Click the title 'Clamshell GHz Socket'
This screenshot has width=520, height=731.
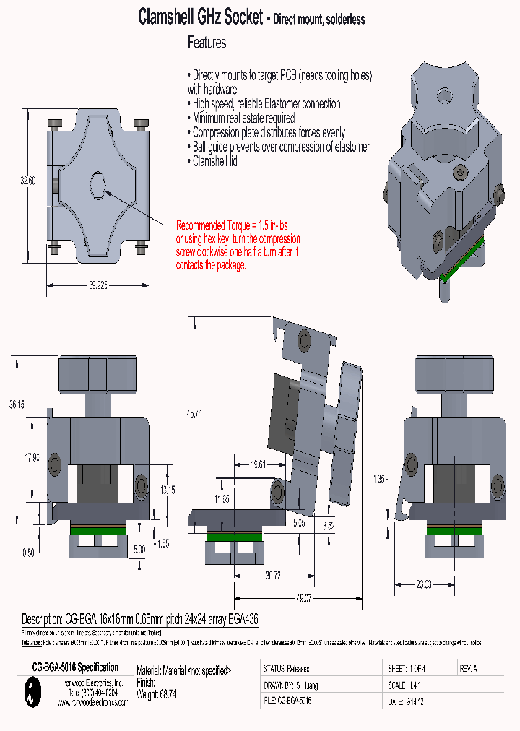(200, 18)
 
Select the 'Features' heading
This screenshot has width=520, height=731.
(207, 43)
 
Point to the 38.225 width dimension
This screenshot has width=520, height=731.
(97, 285)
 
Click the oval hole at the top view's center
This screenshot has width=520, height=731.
(98, 183)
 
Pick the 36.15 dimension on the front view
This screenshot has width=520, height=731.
(17, 406)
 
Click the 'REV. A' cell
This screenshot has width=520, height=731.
(468, 670)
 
